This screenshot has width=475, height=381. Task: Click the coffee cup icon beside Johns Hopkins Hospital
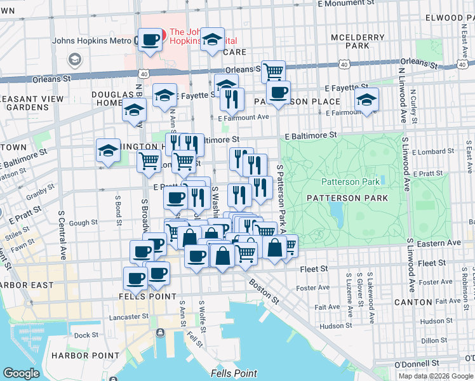coord(151,40)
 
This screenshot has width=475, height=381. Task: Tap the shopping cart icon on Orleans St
coord(273,71)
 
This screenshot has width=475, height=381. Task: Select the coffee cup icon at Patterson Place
coord(278,92)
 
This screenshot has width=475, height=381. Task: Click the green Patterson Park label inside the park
coord(351,182)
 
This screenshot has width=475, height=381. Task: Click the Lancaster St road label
coord(128,315)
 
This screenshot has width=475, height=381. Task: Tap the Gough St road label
coord(83,223)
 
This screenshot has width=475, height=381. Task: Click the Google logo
coord(22,373)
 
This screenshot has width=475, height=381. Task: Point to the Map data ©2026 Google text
coord(436,376)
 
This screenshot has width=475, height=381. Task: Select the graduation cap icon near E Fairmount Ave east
coord(366,100)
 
